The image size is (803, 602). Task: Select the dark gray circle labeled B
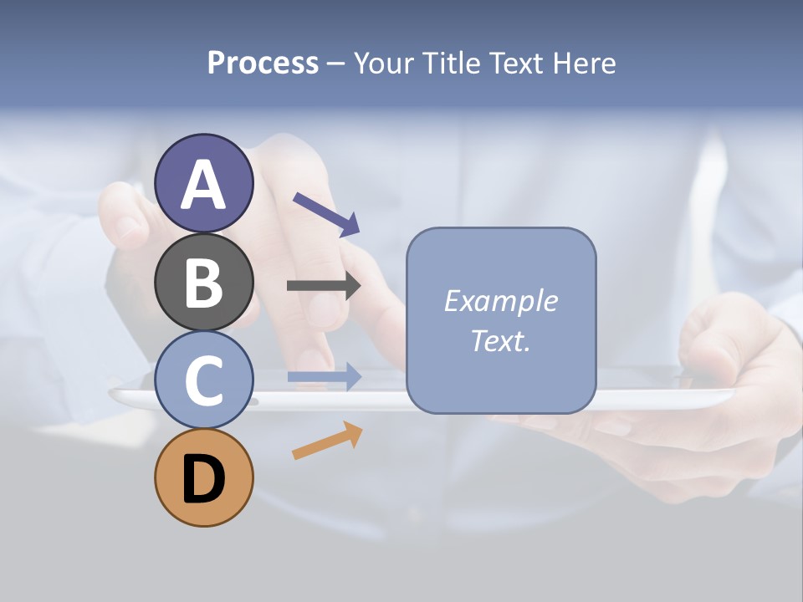pos(203,282)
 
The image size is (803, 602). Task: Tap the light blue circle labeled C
pos(203,380)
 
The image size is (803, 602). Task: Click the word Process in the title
pos(263,64)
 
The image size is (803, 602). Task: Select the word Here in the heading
pos(585,64)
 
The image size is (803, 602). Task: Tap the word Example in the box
pos(500,301)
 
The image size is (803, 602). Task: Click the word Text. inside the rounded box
pos(500,341)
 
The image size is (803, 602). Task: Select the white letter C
pos(203,381)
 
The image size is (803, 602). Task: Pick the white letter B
pos(203,283)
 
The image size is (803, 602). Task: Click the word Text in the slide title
pos(514,64)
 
